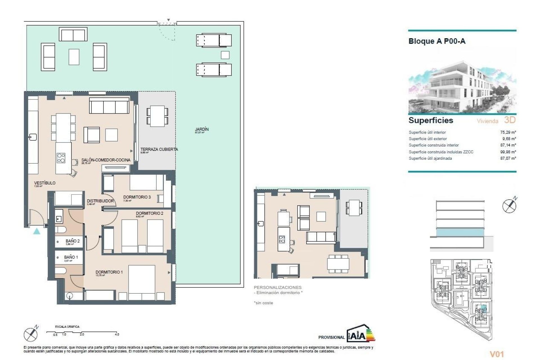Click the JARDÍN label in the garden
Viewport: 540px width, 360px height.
point(202,129)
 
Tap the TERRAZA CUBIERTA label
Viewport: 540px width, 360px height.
point(159,149)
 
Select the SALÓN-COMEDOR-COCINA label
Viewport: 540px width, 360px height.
point(106,160)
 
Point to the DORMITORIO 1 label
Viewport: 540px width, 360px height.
point(109,272)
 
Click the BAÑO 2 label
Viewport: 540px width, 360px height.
point(73,241)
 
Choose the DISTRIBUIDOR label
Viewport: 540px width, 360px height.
point(100,201)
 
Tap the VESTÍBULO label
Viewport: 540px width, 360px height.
point(45,183)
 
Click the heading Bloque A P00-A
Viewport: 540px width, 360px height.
point(437,41)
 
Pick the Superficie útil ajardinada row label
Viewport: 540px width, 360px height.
point(430,158)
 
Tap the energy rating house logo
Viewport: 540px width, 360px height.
point(360,334)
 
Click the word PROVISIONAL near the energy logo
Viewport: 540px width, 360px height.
point(331,337)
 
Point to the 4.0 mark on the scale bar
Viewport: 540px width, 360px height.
point(117,334)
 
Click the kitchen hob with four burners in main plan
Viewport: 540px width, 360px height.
point(61,158)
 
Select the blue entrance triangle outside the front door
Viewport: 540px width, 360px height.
point(37,231)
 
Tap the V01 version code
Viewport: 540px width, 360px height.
point(497,354)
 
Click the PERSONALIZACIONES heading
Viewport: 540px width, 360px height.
point(277,287)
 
